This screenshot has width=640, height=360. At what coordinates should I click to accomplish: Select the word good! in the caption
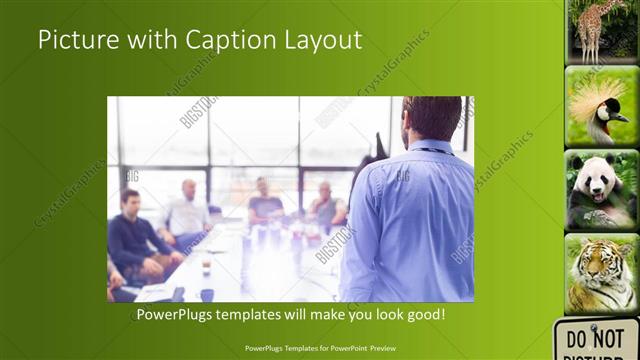coord(425,314)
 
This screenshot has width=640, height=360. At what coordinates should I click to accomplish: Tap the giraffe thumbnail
coord(602,30)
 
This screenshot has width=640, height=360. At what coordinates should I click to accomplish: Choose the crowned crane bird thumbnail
coord(602,106)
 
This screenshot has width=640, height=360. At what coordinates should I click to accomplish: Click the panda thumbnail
coord(602,190)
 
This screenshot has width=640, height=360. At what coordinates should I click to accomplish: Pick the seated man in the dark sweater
coord(135,235)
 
